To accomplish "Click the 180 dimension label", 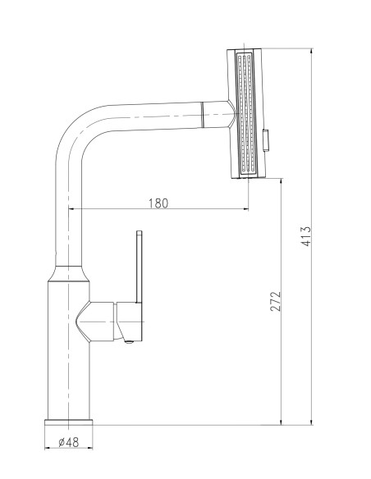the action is [158, 203].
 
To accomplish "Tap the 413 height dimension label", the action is [305, 236].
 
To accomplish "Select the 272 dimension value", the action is [275, 301].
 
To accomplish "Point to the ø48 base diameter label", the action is [69, 442].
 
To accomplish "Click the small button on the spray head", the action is [266, 139].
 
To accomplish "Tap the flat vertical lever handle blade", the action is [139, 267].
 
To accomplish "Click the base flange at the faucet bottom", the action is [68, 422].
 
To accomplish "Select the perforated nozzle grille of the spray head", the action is [245, 113].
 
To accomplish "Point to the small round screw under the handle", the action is [130, 342].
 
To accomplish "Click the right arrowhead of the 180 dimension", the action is [245, 209].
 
